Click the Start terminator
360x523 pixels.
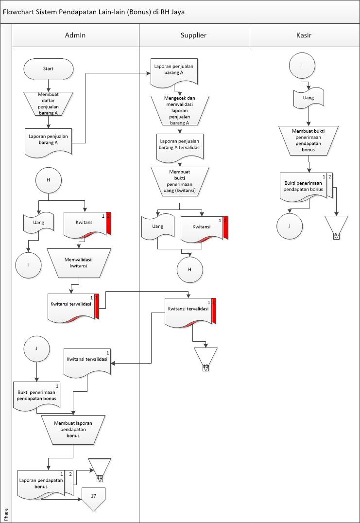49,69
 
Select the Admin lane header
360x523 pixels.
75,35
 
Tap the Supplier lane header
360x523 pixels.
193,35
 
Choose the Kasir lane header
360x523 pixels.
304,35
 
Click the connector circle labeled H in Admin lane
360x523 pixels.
48,180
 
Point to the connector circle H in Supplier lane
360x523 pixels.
189,270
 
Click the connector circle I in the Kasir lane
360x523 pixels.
302,65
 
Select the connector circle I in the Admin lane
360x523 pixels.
28,265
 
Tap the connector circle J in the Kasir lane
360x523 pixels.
290,226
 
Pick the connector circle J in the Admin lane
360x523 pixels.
36,349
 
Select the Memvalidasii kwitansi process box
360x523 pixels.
79,262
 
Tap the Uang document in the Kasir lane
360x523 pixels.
308,98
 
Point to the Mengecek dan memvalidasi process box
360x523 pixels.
180,110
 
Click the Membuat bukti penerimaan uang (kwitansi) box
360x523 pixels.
180,182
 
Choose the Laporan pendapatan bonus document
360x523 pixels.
42,483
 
